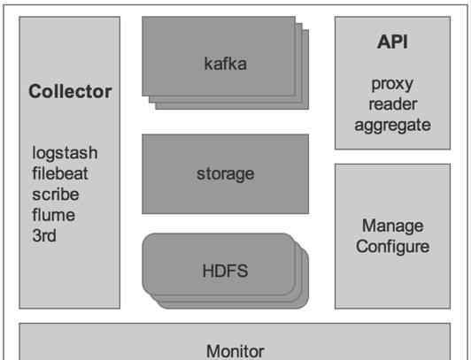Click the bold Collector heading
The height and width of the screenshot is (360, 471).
click(70, 91)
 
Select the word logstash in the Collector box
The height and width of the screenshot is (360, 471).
click(65, 154)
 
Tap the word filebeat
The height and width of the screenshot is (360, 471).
click(60, 173)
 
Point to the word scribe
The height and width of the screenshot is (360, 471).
click(56, 194)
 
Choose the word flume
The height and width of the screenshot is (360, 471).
click(53, 215)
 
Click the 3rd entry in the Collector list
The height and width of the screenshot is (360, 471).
click(44, 235)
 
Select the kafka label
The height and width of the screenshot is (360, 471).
click(226, 64)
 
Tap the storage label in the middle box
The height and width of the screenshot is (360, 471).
click(225, 174)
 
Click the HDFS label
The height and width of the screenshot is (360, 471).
click(225, 271)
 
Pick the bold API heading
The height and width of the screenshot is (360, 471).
click(392, 42)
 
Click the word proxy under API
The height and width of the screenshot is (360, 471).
click(392, 85)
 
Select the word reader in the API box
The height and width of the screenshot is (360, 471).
click(393, 104)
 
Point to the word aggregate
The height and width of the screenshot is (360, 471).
click(392, 126)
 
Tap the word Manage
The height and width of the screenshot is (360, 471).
click(393, 226)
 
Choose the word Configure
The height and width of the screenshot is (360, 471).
click(392, 247)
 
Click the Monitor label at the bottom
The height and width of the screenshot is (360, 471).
click(235, 351)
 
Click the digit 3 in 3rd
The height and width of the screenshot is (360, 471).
click(36, 235)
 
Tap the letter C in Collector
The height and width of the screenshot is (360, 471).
click(35, 91)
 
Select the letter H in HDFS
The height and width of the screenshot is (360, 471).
click(208, 271)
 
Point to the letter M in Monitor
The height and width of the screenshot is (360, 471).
click(213, 351)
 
